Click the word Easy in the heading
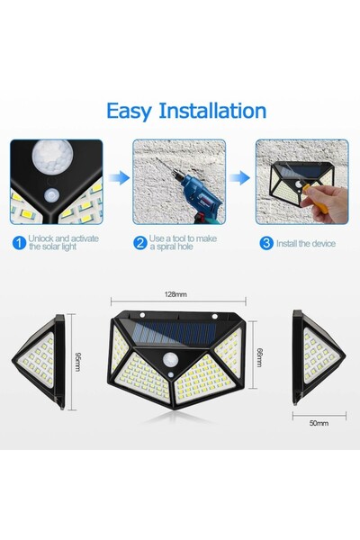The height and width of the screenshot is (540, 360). click(130, 111)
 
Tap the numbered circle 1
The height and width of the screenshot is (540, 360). click(19, 242)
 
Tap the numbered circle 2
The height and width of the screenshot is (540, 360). click(140, 242)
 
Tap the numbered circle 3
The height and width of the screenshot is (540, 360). click(265, 242)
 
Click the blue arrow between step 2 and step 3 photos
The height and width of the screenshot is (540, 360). click(239, 178)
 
